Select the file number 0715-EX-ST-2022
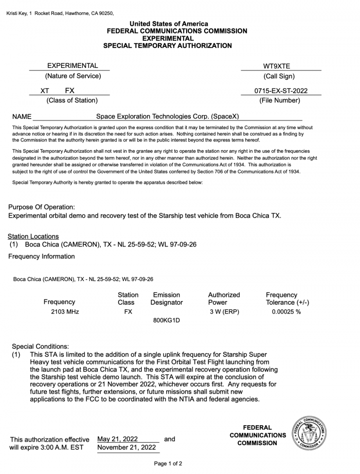281,91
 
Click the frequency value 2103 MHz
65,311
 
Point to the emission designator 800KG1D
167,320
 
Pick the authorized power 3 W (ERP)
224,311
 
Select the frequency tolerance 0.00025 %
286,311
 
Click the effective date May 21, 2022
117,439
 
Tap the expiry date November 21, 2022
127,448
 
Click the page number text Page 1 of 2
168,464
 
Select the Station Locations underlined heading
33,236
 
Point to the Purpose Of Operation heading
41,207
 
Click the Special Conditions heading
40,346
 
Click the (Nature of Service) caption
73,76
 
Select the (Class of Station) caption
72,100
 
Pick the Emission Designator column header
167,299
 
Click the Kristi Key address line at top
60,13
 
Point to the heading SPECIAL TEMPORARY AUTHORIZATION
168,46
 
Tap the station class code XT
45,91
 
